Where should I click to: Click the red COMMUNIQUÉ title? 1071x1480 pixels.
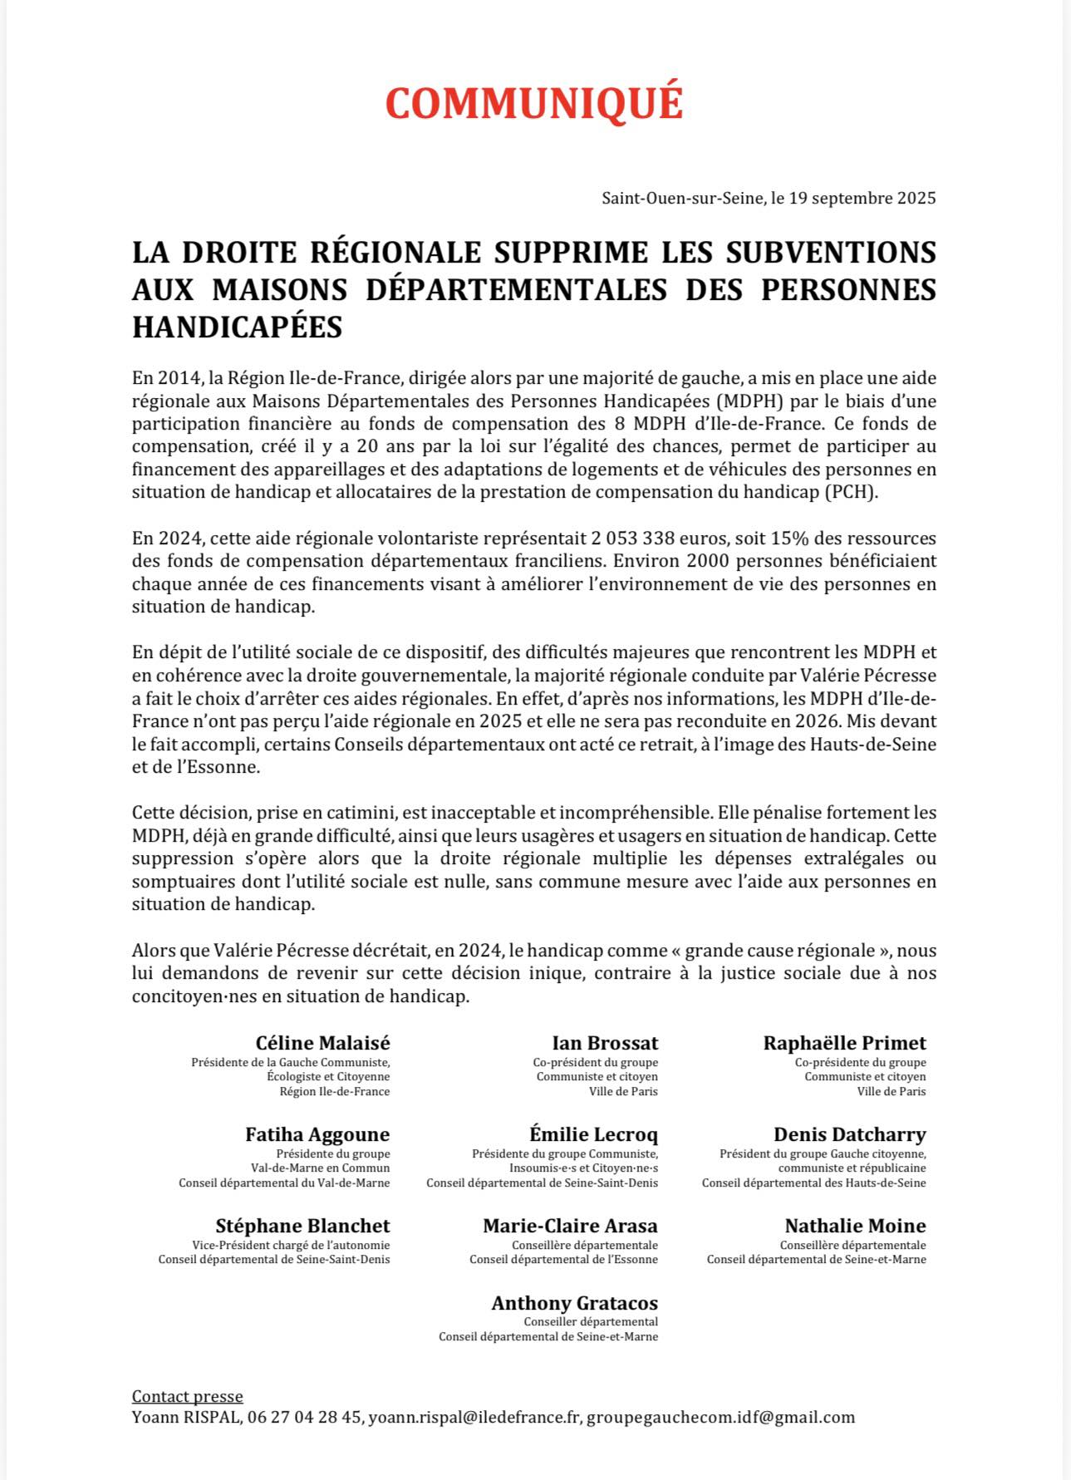534,104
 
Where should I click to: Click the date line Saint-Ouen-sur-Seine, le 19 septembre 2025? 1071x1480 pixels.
769,199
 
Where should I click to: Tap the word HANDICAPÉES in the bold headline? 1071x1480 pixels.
237,327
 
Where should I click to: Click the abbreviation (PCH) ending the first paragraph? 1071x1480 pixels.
851,492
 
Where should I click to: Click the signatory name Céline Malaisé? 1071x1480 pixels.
322,1043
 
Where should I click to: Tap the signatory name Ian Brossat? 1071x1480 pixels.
605,1043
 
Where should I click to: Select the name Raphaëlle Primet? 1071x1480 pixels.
844,1043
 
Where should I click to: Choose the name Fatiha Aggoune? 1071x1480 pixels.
317,1134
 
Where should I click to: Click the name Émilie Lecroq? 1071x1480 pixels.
593,1134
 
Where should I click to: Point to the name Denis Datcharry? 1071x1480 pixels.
849,1134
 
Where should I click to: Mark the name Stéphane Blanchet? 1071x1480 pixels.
302,1226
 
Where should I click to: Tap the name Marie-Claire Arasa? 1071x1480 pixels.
570,1226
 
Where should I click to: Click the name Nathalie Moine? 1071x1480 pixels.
855,1226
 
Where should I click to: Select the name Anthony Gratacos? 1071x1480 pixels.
574,1303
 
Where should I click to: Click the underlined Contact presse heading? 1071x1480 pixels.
187,1396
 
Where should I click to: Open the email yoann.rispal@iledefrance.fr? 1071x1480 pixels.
474,1418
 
